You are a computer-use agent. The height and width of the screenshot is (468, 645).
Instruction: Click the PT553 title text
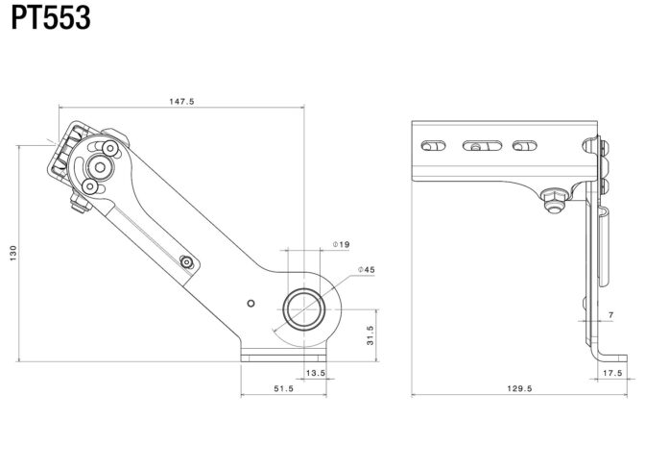click(51, 18)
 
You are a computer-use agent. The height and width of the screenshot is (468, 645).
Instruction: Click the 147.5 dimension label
click(181, 101)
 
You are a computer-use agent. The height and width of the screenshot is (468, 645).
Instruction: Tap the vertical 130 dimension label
click(13, 253)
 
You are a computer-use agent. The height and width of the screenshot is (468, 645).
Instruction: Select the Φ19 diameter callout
click(341, 244)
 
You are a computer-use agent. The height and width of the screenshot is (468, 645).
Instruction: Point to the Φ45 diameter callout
click(366, 270)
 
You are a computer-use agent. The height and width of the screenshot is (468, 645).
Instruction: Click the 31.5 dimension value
click(370, 335)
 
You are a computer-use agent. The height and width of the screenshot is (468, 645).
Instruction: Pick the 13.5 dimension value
click(316, 373)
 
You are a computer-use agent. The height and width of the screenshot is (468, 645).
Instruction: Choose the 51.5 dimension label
click(284, 388)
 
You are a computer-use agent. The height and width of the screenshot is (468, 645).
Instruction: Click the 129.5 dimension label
click(519, 388)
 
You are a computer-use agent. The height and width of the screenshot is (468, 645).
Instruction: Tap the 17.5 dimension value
click(612, 373)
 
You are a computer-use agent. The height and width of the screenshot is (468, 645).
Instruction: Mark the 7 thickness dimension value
click(611, 315)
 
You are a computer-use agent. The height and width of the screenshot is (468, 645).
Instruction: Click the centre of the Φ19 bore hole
click(304, 309)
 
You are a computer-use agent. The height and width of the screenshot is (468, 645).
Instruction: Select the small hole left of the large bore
click(251, 304)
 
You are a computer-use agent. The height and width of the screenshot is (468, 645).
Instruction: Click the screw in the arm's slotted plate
click(187, 261)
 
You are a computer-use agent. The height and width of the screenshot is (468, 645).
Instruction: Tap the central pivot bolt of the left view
click(100, 167)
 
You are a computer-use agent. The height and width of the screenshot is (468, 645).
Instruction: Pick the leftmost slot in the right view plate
click(433, 146)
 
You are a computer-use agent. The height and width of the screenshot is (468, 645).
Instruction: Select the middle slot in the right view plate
click(482, 146)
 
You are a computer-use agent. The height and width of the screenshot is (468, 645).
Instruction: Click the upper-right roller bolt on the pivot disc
click(110, 148)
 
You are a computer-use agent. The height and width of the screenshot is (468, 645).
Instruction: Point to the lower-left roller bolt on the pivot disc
click(89, 186)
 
